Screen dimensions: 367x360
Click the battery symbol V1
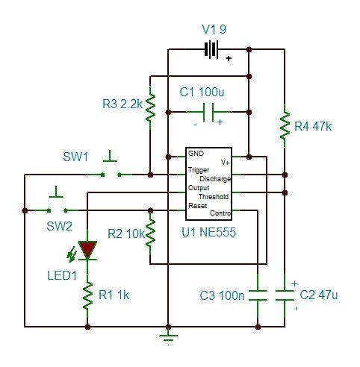[212, 50]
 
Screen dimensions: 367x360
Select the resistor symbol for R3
[150, 107]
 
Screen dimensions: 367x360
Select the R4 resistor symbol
[285, 125]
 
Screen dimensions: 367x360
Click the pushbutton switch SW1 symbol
[111, 172]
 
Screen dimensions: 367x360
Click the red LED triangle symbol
[88, 249]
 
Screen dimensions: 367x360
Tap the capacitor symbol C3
[257, 295]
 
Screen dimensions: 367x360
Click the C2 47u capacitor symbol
[285, 295]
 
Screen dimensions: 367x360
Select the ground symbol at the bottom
[168, 336]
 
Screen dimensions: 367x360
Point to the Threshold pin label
[214, 197]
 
